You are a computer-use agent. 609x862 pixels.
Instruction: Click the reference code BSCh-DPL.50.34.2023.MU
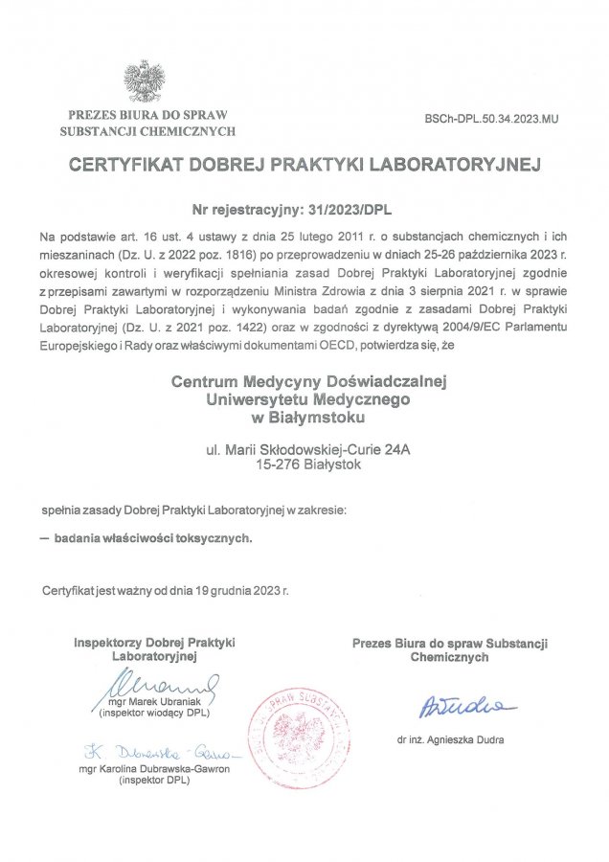coord(490,121)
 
